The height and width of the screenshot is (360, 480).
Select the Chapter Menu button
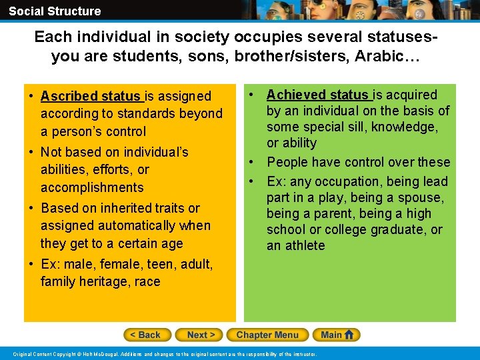[x=267, y=335]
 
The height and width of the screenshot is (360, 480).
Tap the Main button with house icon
[x=338, y=335]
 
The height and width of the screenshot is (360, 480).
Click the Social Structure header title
[x=55, y=11]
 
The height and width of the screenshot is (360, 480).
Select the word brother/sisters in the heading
[x=277, y=57]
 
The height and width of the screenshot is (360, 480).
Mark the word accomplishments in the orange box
[x=92, y=187]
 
